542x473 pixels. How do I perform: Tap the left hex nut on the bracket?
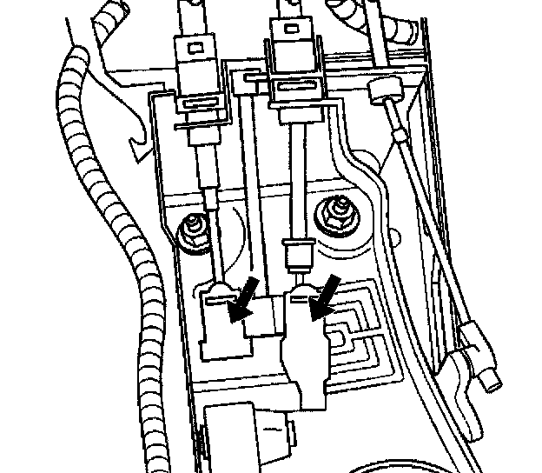[193, 231]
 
